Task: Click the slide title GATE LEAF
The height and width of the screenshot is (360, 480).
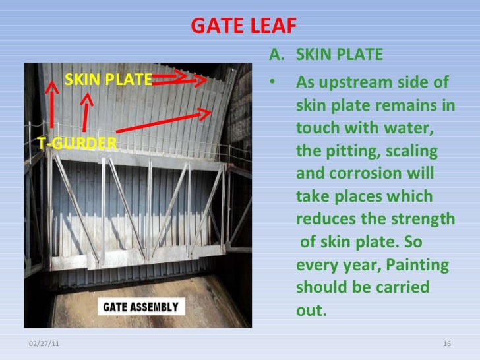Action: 244,26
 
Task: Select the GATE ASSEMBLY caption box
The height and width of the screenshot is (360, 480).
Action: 138,307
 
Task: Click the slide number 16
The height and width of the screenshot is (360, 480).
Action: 446,345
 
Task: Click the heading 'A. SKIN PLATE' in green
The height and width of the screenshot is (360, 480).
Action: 326,54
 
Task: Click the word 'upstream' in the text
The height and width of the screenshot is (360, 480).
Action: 358,84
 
